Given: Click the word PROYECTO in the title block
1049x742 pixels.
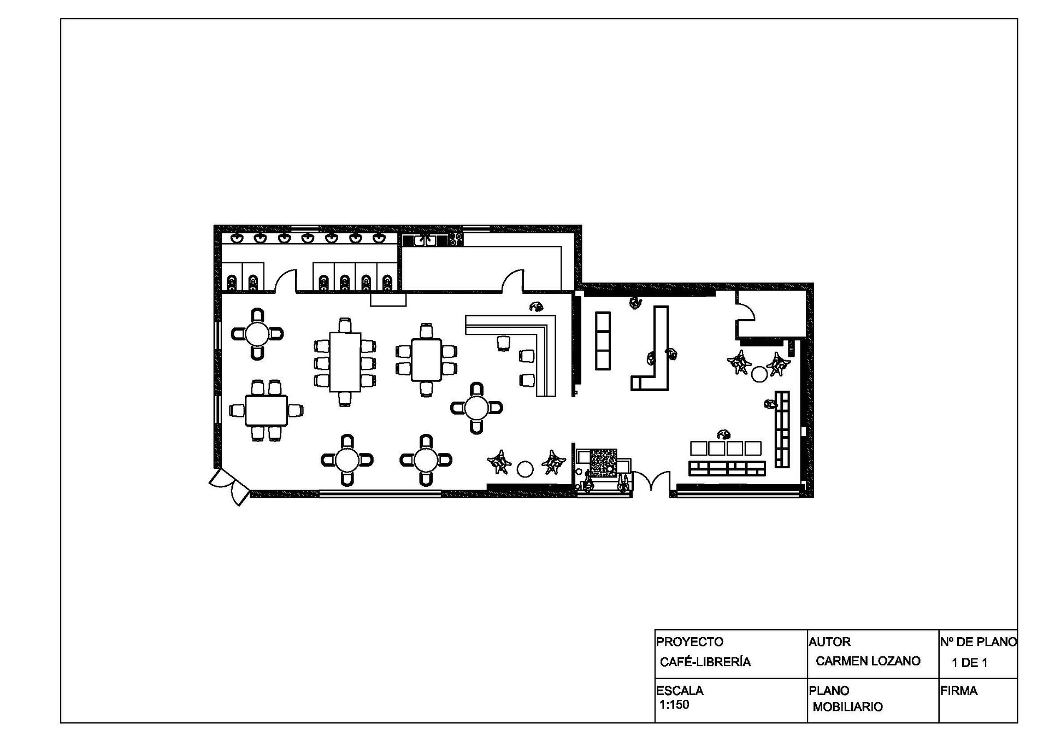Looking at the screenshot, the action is [689, 641].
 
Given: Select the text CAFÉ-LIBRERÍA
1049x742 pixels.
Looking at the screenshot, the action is [705, 662].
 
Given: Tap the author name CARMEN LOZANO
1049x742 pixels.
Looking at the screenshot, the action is [868, 661].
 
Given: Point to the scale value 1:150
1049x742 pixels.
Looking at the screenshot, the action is [674, 705].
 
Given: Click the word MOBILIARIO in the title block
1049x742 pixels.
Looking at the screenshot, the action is [847, 707].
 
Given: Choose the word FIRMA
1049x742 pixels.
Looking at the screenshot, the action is [959, 691].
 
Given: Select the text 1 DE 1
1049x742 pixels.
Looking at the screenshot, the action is [970, 663].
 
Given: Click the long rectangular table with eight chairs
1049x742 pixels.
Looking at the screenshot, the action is [345, 362].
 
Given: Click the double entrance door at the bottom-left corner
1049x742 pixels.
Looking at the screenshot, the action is [230, 486].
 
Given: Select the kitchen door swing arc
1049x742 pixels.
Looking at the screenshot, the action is [514, 280].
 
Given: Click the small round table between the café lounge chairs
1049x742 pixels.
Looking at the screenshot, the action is [525, 469].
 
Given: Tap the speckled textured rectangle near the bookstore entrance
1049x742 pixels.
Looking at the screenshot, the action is [603, 463].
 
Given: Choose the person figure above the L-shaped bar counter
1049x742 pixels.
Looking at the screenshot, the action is [537, 307].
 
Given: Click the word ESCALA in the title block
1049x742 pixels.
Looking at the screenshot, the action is [680, 691].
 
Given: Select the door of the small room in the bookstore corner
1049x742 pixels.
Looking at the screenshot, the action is [745, 313].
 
